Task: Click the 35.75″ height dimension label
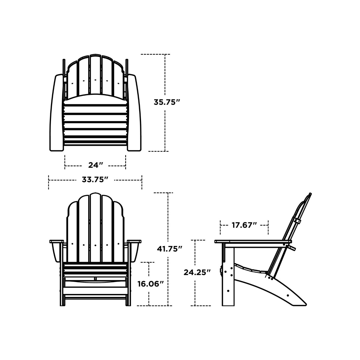point(167,102)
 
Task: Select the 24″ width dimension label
point(96,165)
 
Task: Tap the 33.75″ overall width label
point(95,180)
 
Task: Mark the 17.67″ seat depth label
point(244,225)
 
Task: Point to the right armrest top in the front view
point(134,241)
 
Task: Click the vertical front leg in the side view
point(228,276)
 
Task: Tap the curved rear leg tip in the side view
point(300,302)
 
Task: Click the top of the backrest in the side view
point(309,195)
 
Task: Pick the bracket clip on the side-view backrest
point(297,221)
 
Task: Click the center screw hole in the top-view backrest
point(95,80)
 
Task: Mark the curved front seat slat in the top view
point(95,100)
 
